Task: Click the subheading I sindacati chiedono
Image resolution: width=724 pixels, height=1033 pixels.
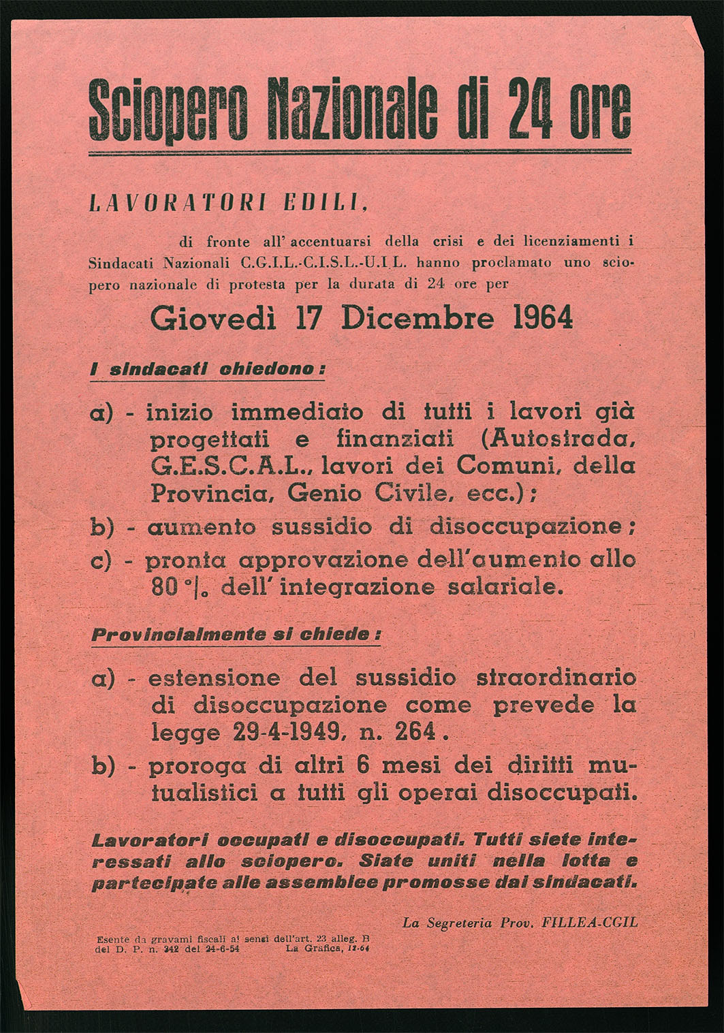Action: tap(208, 369)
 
